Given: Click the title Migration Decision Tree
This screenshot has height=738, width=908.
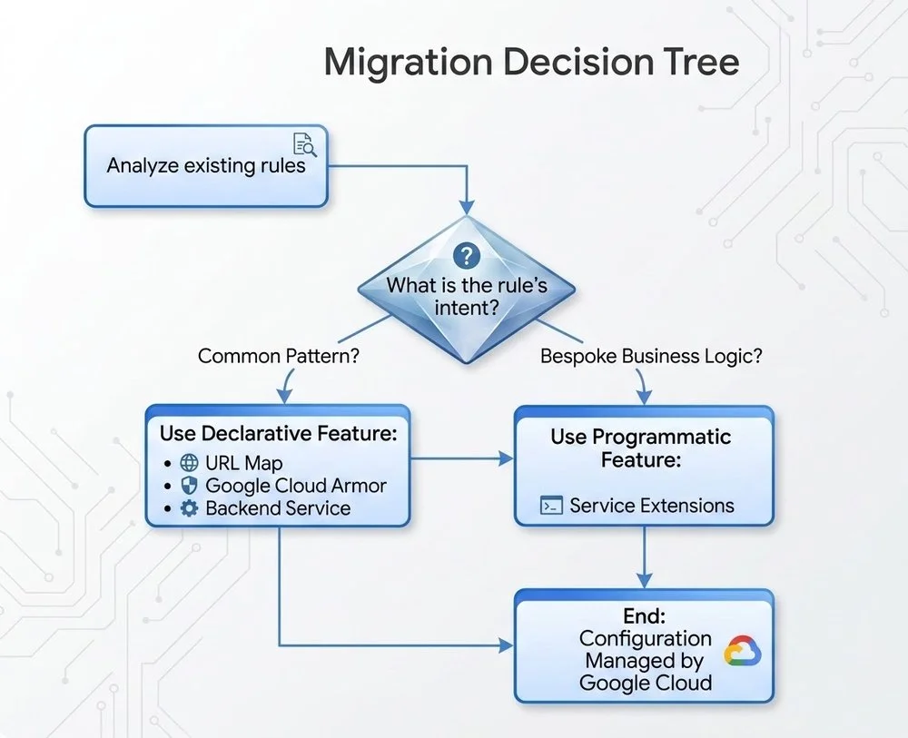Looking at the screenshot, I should pos(531,63).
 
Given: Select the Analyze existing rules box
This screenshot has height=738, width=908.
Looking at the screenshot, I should pos(206,166).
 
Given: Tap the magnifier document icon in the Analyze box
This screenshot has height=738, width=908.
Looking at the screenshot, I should pos(303,145).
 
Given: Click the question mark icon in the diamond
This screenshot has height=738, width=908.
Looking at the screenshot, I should pos(466,257).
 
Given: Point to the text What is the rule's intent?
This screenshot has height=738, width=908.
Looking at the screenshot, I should pos(467,296).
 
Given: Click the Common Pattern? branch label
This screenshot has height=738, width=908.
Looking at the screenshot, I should pos(278,356).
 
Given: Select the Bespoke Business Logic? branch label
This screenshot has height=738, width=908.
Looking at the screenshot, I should pos(651,356).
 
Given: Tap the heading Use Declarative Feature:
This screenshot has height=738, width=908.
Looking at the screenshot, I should pos(279,433).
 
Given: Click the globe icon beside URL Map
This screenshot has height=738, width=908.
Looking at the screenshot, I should pos(190,463).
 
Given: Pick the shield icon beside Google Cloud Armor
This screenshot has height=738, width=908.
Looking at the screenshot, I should pos(190,486).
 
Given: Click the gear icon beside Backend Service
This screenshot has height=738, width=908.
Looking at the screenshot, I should pos(190,508).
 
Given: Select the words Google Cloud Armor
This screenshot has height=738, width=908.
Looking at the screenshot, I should pos(296,486).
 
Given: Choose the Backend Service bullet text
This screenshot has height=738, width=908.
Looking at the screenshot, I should pos(278,508).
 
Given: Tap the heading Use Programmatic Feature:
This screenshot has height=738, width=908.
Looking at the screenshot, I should pos(640,448).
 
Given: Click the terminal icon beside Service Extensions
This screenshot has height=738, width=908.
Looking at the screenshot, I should pos(550,506).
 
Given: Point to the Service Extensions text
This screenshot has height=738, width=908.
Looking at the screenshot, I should pos(652,506).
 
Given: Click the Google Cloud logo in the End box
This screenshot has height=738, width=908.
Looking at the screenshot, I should pos(743,652).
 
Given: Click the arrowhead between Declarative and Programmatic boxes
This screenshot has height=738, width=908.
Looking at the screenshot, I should pos(507,460).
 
